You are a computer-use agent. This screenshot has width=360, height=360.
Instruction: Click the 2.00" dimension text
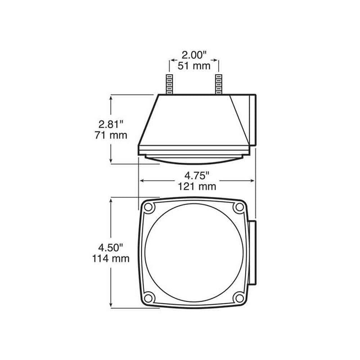click(x=194, y=55)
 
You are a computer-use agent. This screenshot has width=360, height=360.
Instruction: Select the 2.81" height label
click(x=111, y=123)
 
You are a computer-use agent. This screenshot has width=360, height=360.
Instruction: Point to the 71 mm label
click(x=111, y=135)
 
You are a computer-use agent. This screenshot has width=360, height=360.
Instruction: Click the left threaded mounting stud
click(x=170, y=85)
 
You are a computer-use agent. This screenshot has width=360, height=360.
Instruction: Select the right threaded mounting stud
click(x=219, y=85)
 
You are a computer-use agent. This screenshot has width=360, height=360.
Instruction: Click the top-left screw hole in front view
click(x=149, y=207)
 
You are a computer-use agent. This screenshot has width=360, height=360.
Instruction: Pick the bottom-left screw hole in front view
click(x=149, y=298)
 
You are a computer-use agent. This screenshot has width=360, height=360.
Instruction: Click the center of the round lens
click(x=194, y=252)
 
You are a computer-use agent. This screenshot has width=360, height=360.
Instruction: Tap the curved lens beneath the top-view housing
click(x=194, y=158)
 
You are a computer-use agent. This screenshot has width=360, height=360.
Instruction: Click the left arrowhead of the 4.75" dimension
click(x=142, y=180)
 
